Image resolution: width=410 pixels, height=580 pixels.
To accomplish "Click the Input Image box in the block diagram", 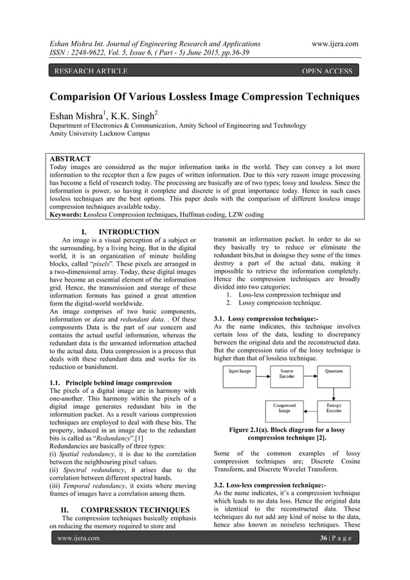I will coord(244,372).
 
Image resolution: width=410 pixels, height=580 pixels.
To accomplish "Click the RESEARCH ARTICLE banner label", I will coord(91,70).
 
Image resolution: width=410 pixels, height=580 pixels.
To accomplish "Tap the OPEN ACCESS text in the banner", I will coord(330,70).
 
